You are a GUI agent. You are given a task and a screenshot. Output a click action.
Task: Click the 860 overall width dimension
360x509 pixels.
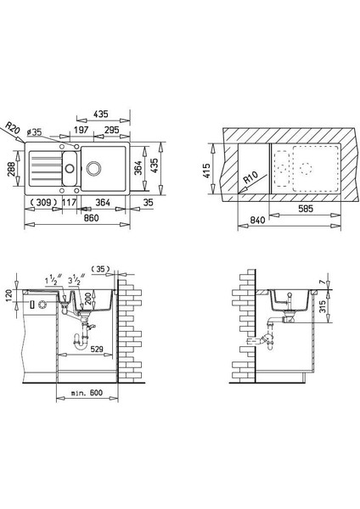91,218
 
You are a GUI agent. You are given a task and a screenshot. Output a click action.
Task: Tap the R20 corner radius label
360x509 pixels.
13,128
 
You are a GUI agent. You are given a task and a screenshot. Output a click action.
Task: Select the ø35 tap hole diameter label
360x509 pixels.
34,131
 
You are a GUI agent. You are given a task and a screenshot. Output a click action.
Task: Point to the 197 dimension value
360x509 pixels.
81,130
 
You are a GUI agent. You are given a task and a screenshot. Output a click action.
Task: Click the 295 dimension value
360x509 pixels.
111,130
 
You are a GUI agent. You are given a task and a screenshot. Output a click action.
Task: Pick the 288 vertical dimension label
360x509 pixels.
11,169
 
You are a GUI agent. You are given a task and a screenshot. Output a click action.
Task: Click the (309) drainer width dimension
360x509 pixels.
43,203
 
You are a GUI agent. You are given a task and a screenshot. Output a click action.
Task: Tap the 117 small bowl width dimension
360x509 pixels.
69,203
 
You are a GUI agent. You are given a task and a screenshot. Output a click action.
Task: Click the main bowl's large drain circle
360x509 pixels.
93,168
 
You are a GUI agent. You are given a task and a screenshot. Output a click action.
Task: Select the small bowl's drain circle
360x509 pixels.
70,168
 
